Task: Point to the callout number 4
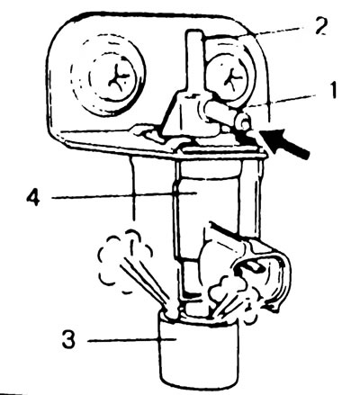[x=33, y=196]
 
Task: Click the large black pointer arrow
[x=285, y=144]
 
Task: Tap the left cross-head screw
[x=112, y=79]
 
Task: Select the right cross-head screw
[x=230, y=78]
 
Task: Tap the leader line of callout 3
[x=131, y=340]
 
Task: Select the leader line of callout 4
[x=123, y=195]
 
